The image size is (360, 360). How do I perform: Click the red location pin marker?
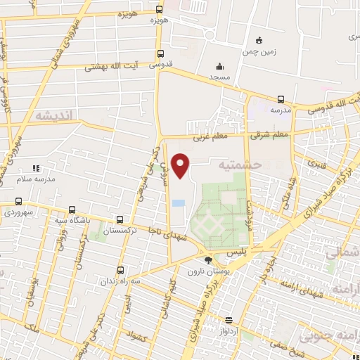[181, 165]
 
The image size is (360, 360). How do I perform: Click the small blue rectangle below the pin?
[179, 203]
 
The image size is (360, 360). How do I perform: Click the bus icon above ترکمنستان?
[120, 219]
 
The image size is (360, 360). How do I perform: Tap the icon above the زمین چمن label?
[259, 39]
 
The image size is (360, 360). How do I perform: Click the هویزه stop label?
[160, 21]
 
